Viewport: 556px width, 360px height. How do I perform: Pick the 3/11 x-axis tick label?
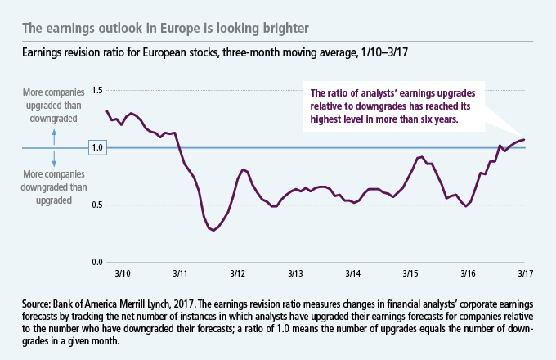pyautogui.click(x=182, y=272)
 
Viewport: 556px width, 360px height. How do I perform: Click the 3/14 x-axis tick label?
pyautogui.click(x=353, y=272)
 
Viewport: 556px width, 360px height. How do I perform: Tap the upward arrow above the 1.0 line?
pyautogui.click(x=55, y=133)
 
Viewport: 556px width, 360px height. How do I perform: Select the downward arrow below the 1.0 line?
pyautogui.click(x=55, y=162)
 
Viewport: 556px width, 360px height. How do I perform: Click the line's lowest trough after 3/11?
pyautogui.click(x=214, y=231)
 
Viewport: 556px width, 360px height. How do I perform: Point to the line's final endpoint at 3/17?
pyautogui.click(x=524, y=140)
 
